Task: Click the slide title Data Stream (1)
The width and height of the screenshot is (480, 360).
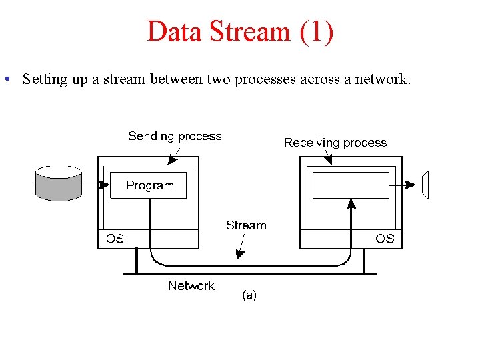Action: pos(240,31)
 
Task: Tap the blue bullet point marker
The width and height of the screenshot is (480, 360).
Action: pos(6,80)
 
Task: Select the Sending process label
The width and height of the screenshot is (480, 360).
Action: pos(175,136)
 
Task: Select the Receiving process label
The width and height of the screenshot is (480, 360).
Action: pos(335,142)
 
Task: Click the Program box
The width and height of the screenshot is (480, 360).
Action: pos(149,185)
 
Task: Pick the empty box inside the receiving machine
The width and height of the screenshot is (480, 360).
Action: pos(350,185)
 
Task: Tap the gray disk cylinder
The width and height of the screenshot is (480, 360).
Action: pos(59,184)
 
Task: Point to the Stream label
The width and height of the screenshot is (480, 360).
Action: pos(246,225)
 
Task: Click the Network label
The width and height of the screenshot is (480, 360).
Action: pos(191,285)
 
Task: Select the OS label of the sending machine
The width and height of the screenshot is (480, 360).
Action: pos(115,238)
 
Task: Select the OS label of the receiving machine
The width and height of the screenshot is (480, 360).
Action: pos(385,238)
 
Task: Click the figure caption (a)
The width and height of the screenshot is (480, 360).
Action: pos(249,295)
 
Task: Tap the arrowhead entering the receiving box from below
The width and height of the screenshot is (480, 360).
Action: pos(351,204)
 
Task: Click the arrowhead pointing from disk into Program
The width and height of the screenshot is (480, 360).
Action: pos(104,184)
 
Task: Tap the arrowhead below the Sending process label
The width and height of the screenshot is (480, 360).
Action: pos(171,160)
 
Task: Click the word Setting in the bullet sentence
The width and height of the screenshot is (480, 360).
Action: pos(43,79)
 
